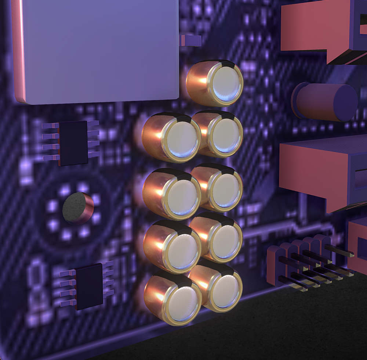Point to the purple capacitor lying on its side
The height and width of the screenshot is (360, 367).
[x=325, y=102]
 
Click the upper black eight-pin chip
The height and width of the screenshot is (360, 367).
[x=73, y=143]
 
